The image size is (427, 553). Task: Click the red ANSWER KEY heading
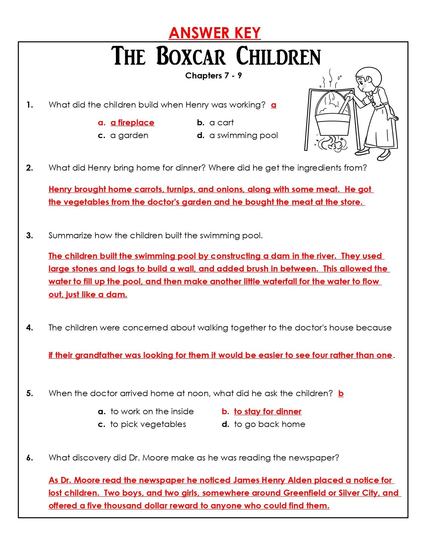[215, 33]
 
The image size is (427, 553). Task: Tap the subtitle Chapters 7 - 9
[213, 75]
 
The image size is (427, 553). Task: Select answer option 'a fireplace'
[132, 123]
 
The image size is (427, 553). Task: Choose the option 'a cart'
[221, 123]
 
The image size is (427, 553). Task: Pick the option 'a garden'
[129, 135]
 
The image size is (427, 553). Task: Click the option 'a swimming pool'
[243, 135]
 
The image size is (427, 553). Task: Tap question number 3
[29, 236]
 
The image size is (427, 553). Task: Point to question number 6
[29, 458]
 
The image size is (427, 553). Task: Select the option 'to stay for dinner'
[267, 412]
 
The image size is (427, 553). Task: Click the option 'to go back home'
[269, 424]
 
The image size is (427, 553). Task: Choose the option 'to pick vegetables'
[148, 424]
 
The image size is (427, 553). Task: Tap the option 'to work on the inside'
[152, 412]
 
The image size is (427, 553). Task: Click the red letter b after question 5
[341, 393]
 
